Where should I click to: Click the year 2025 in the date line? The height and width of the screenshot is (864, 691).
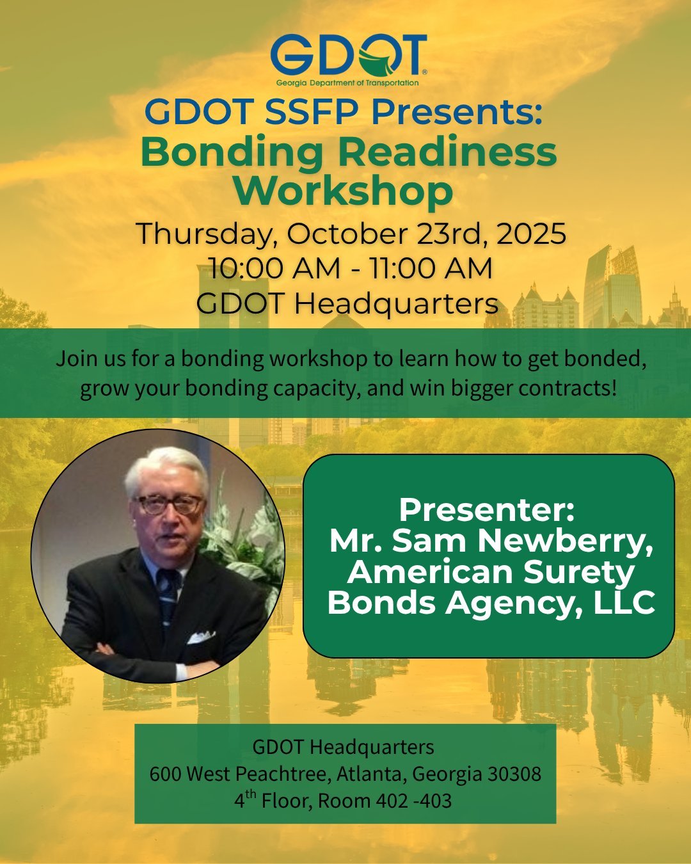(531, 234)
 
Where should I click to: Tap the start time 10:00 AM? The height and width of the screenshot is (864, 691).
(274, 269)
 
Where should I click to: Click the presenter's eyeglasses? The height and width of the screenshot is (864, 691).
(170, 505)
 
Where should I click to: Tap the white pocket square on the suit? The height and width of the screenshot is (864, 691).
(200, 637)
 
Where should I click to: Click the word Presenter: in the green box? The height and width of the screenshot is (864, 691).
(487, 510)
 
